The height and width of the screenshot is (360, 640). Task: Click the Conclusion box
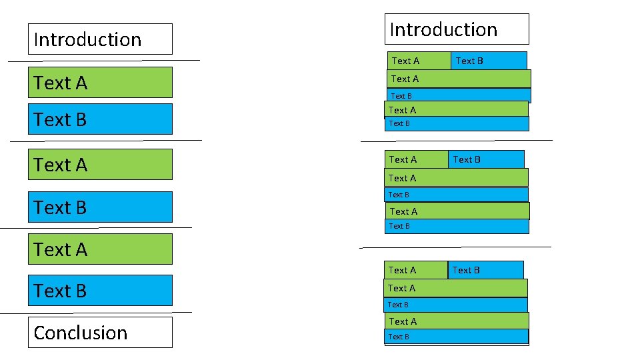pyautogui.click(x=100, y=332)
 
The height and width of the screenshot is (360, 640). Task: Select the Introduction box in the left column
pyautogui.click(x=100, y=39)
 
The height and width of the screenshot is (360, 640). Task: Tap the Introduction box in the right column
pyautogui.click(x=457, y=29)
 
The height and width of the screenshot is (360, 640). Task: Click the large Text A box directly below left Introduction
pyautogui.click(x=100, y=83)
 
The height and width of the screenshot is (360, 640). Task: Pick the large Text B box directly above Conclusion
pyautogui.click(x=100, y=291)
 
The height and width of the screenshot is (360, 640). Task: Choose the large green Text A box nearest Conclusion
pyautogui.click(x=100, y=249)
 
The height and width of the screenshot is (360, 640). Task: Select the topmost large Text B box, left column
pyautogui.click(x=100, y=119)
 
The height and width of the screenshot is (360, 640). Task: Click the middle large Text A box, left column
pyautogui.click(x=100, y=164)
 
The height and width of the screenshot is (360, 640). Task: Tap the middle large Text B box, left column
pyautogui.click(x=100, y=207)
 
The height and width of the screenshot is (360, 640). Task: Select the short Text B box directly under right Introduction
pyautogui.click(x=489, y=61)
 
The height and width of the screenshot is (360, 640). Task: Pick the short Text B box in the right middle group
pyautogui.click(x=486, y=159)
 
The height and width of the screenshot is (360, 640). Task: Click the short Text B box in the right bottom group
pyautogui.click(x=485, y=270)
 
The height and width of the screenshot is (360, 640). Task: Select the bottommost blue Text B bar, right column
pyautogui.click(x=457, y=337)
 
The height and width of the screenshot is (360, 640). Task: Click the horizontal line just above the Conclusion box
pyautogui.click(x=96, y=312)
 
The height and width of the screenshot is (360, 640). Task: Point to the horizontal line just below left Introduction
pyautogui.click(x=103, y=61)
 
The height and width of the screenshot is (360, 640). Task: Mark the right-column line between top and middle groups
pyautogui.click(x=456, y=141)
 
